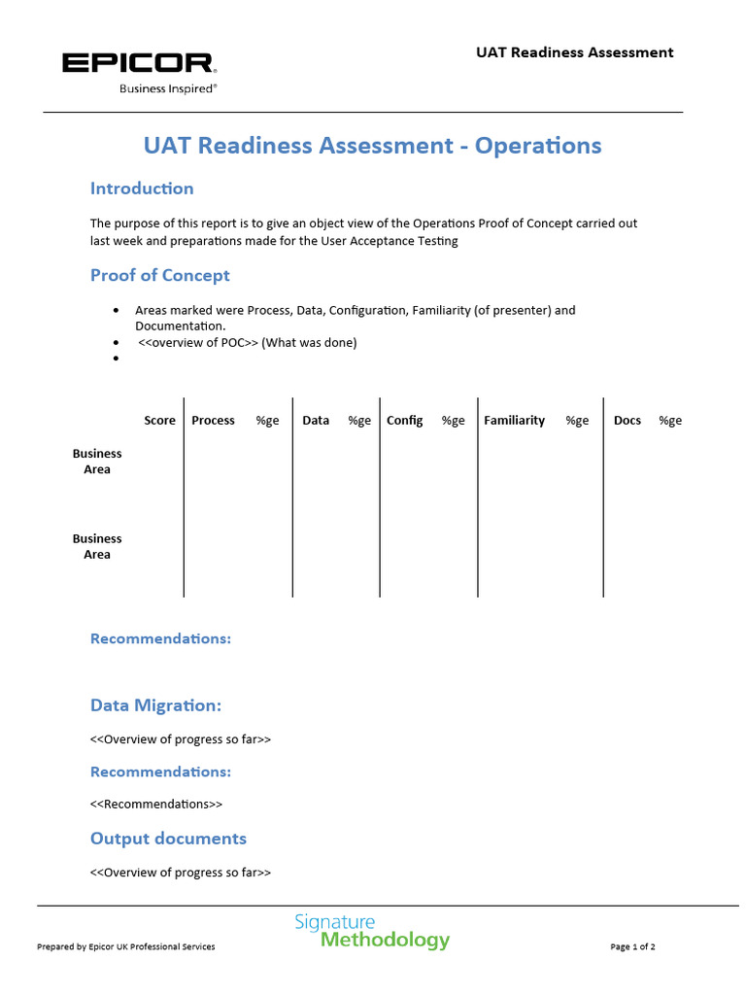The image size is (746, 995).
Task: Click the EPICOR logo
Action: [x=139, y=64]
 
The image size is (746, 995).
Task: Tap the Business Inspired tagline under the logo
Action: [x=167, y=87]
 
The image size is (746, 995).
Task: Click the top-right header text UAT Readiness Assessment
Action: [x=573, y=52]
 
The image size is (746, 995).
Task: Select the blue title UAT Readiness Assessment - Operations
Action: [x=372, y=146]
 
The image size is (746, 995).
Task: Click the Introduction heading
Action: [x=142, y=189]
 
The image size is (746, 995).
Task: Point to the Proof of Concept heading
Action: [x=160, y=275]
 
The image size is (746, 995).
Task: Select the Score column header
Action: [x=159, y=421]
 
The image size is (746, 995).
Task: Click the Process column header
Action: [x=213, y=421]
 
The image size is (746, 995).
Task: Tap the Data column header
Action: [x=316, y=421]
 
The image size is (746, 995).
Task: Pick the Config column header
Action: [x=404, y=421]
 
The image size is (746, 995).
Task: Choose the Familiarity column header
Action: [x=514, y=421]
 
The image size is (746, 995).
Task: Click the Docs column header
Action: [x=627, y=421]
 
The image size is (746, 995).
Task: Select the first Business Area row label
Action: [x=97, y=462]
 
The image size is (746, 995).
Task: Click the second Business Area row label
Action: [x=97, y=546]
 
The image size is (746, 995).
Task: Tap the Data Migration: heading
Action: [x=155, y=705]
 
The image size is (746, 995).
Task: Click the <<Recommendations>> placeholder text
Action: [x=156, y=805]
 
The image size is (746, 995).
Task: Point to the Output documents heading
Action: [x=168, y=839]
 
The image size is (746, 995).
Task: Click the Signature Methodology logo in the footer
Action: [x=372, y=931]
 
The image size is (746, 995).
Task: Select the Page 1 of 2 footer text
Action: [x=632, y=946]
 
